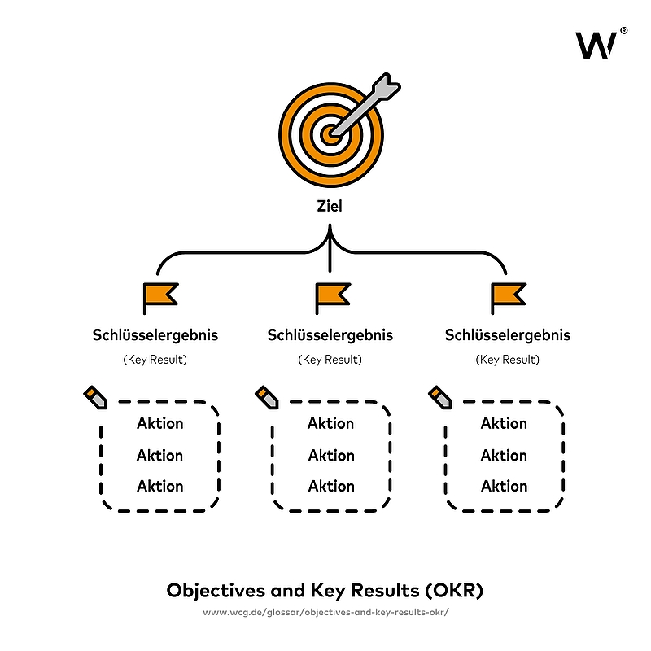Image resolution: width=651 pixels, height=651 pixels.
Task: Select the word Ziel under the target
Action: (330, 207)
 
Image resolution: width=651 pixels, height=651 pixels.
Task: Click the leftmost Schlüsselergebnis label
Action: (155, 335)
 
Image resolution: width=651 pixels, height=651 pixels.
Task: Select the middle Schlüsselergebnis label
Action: (330, 335)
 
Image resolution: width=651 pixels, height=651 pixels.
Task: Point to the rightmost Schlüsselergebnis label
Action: (508, 335)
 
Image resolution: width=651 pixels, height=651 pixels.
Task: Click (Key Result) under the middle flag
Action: (330, 359)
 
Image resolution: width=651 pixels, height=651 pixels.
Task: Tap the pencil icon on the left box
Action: (95, 398)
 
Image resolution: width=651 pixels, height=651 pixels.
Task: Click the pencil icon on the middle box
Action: (268, 398)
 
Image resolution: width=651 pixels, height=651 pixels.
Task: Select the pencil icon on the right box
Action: (440, 398)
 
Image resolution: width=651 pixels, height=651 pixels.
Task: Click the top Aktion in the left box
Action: (159, 423)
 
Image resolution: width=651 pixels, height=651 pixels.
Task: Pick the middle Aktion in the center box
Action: (331, 455)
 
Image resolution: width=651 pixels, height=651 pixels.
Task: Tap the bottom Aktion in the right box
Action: (504, 486)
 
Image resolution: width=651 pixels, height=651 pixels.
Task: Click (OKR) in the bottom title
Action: (454, 590)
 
